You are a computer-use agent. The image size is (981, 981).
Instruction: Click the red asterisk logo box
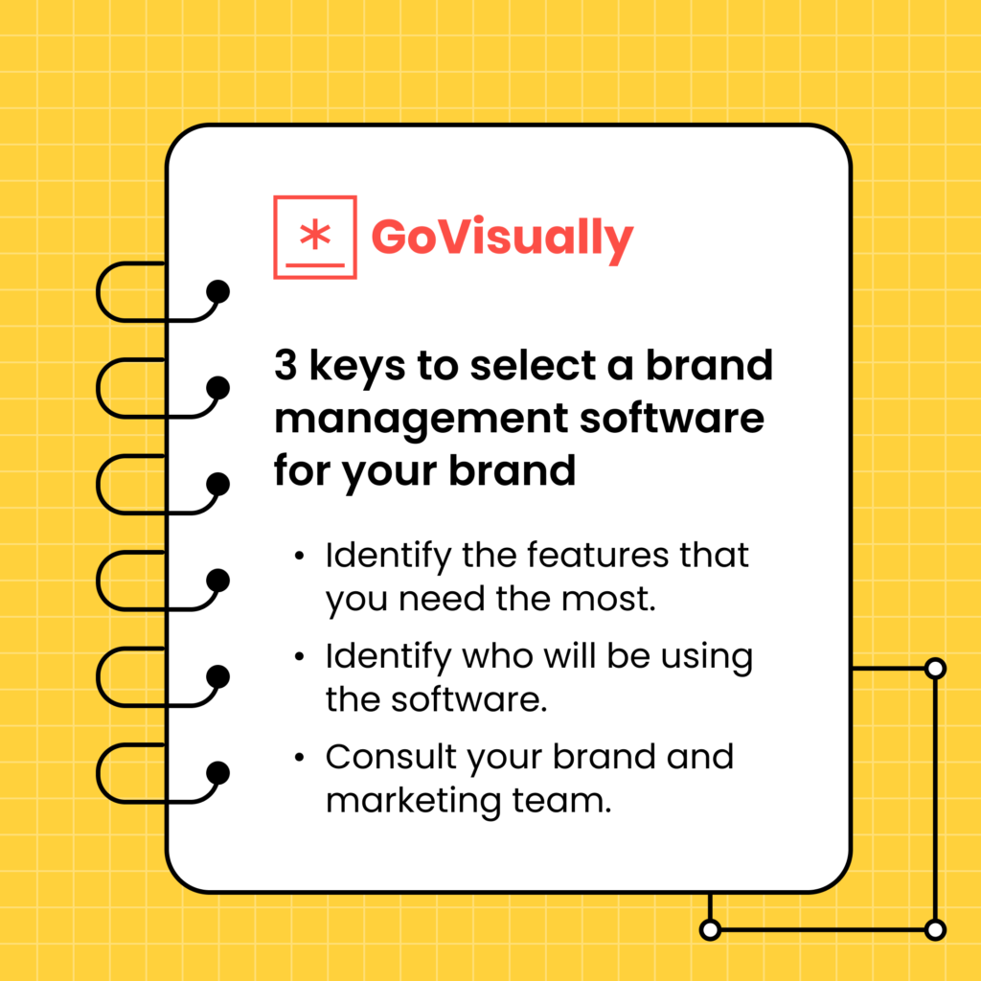click(315, 237)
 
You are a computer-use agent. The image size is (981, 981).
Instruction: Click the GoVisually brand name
click(502, 237)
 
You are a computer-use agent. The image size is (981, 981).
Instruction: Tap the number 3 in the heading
click(285, 366)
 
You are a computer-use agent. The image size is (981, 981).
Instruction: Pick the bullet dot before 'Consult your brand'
click(301, 758)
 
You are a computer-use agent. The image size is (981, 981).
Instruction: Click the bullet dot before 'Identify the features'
click(301, 557)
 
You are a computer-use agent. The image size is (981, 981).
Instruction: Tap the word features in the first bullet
click(594, 556)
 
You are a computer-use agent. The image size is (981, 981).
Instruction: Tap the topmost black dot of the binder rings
click(218, 291)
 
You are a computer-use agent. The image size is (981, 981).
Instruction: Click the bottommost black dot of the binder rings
click(218, 772)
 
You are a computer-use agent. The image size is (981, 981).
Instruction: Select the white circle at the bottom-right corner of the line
click(936, 929)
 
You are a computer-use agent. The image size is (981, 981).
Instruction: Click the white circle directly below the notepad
click(710, 929)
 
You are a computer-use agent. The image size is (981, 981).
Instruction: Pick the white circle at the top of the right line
click(936, 669)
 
